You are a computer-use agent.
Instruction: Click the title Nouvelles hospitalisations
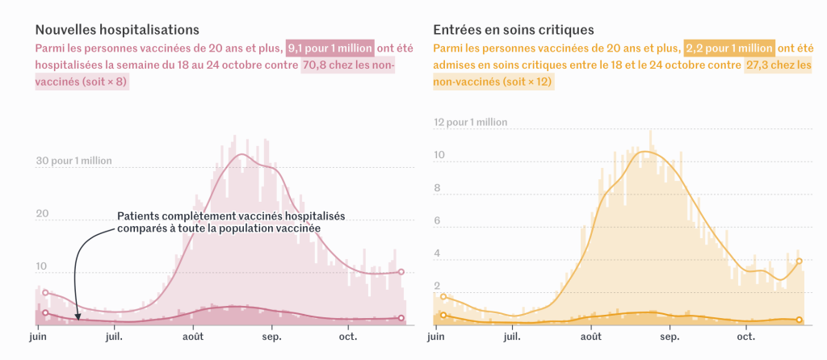click(x=116, y=30)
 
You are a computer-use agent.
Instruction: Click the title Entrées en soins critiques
click(x=514, y=30)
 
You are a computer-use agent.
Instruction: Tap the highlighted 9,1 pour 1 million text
click(x=330, y=48)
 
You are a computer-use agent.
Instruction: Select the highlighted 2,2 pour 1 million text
click(x=729, y=48)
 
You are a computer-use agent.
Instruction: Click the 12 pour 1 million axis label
click(x=471, y=123)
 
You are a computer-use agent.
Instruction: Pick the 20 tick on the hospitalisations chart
click(x=42, y=214)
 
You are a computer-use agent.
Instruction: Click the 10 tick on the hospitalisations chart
click(x=42, y=266)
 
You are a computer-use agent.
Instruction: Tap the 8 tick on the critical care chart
click(x=437, y=189)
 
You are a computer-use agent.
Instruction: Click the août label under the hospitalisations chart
click(x=193, y=335)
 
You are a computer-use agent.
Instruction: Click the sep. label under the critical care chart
click(x=670, y=335)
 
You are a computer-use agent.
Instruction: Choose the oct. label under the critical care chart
click(x=745, y=335)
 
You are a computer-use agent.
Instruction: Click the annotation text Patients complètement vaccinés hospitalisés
click(x=231, y=216)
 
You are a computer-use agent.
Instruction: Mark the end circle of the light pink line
click(x=401, y=272)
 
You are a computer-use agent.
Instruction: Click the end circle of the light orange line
click(x=799, y=261)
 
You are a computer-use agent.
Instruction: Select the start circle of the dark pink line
click(x=45, y=312)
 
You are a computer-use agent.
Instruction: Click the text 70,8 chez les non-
click(x=348, y=65)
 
